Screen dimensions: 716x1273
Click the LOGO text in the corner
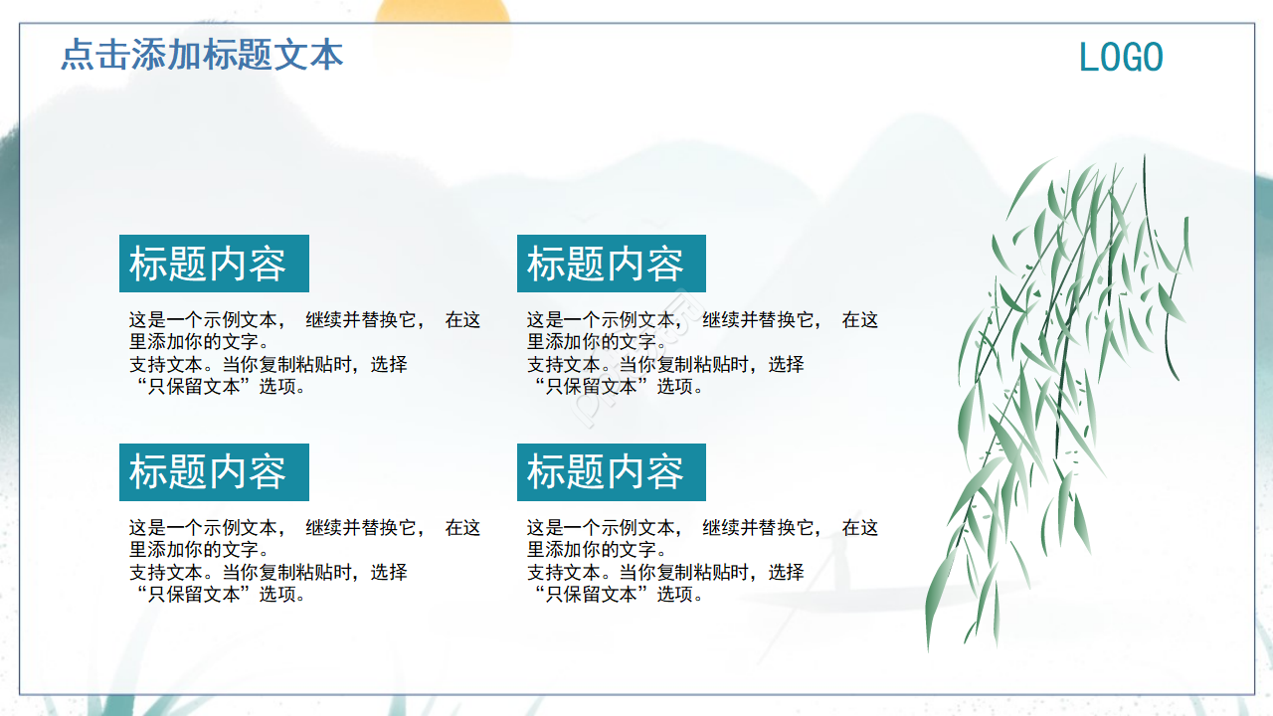pyautogui.click(x=1121, y=58)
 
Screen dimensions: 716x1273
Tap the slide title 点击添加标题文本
pyautogui.click(x=202, y=54)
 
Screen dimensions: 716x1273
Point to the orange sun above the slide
pyautogui.click(x=443, y=11)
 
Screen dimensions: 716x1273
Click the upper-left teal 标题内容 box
pyautogui.click(x=214, y=264)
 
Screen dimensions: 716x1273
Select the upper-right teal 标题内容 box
pyautogui.click(x=611, y=264)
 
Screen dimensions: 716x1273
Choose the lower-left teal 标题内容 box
pyautogui.click(x=214, y=472)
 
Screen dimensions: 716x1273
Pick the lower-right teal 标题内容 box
pyautogui.click(x=611, y=472)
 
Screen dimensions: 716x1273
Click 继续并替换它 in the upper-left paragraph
pyautogui.click(x=361, y=320)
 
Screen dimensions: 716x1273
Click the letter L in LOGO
pyautogui.click(x=1087, y=58)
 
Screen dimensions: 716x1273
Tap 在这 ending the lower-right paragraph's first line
pyautogui.click(x=860, y=528)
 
